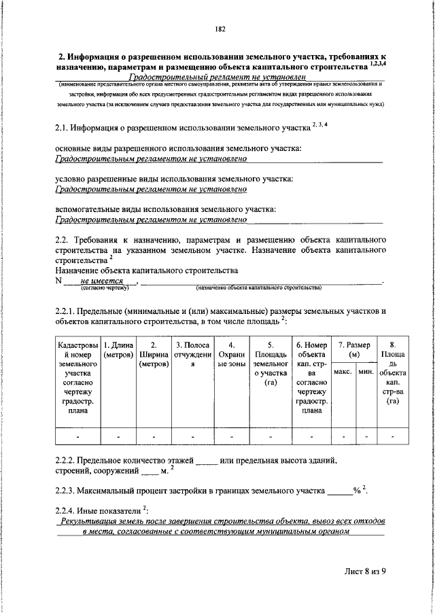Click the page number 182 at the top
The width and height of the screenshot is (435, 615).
coord(220,29)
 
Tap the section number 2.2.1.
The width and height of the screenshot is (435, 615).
coord(67,311)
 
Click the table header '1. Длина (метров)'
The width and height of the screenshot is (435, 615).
coord(118,349)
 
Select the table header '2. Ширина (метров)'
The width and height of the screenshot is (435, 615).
coord(154,355)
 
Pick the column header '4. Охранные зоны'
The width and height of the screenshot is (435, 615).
coord(232,355)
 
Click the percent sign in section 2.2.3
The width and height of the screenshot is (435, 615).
coord(356,490)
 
